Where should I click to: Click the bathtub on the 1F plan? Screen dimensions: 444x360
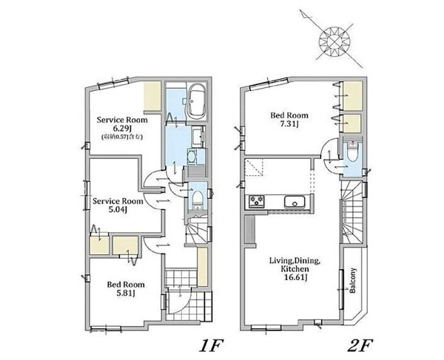[196, 101]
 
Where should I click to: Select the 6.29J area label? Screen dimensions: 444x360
[122, 129]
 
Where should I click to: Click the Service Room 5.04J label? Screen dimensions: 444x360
[118, 206]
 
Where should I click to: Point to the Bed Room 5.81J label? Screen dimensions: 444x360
[126, 289]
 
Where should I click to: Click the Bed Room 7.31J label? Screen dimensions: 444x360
[289, 120]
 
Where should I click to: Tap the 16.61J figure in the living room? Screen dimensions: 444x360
[296, 278]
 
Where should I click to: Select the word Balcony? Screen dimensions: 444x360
[353, 280]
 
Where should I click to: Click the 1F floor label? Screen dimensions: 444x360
[212, 345]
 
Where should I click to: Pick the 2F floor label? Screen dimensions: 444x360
[360, 345]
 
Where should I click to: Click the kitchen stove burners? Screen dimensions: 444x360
[257, 202]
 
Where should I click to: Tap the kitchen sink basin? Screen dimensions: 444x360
[295, 203]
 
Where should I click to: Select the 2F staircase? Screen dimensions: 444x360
[352, 212]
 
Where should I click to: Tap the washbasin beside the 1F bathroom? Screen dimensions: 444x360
[197, 134]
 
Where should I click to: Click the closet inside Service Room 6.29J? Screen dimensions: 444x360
[152, 96]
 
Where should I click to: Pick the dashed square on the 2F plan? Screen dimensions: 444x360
[255, 168]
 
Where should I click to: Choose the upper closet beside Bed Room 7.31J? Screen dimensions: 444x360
[353, 96]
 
